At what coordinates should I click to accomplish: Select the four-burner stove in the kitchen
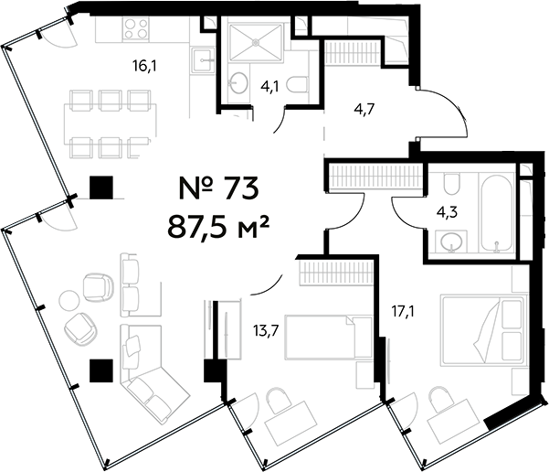pyautogui.click(x=135, y=30)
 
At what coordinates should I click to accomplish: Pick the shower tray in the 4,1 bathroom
pyautogui.click(x=259, y=44)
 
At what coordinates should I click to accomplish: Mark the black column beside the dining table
pyautogui.click(x=100, y=188)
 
